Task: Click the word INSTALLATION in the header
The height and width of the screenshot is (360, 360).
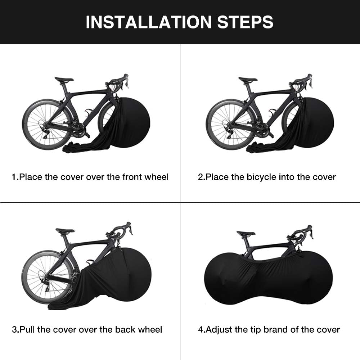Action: tap(149, 22)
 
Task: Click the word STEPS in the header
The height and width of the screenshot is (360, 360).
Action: tap(245, 22)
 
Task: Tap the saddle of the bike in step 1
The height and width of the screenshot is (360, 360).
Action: tap(64, 80)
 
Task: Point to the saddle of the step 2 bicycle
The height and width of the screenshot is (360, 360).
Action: tap(248, 80)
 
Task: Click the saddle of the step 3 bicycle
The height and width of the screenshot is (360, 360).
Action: tap(65, 230)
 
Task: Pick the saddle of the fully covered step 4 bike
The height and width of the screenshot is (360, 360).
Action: tap(246, 233)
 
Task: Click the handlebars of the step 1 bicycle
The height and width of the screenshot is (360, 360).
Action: tap(118, 81)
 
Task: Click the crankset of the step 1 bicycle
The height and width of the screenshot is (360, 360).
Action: tap(79, 130)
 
